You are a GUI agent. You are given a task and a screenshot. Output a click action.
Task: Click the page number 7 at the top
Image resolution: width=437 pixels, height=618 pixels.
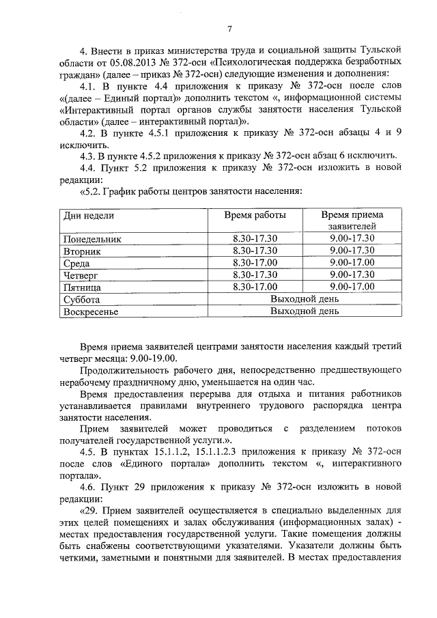pyautogui.click(x=229, y=29)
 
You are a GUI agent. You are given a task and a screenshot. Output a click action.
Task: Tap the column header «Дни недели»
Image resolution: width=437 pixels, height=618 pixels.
pyautogui.click(x=88, y=215)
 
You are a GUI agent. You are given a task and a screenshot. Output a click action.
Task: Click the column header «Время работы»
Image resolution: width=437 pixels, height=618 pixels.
pyautogui.click(x=255, y=215)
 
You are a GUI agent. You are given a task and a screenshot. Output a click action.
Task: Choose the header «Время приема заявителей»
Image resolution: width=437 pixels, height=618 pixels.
pyautogui.click(x=352, y=220)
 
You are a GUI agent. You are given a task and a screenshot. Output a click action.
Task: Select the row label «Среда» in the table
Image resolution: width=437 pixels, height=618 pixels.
pyautogui.click(x=76, y=263)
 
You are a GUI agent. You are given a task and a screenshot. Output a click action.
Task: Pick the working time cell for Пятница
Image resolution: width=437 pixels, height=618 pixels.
pyautogui.click(x=255, y=287)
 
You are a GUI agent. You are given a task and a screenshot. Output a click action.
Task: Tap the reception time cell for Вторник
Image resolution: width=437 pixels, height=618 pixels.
pyautogui.click(x=352, y=251)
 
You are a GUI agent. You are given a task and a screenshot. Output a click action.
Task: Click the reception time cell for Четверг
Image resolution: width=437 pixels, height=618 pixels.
pyautogui.click(x=352, y=275)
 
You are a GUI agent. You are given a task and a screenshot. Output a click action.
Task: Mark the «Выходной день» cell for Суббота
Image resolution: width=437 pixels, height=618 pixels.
pyautogui.click(x=304, y=299)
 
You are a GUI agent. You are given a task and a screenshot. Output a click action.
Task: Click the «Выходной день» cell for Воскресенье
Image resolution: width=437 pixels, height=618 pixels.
pyautogui.click(x=304, y=311)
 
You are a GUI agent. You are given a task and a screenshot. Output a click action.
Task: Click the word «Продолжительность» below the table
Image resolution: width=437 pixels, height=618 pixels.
pyautogui.click(x=123, y=371)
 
